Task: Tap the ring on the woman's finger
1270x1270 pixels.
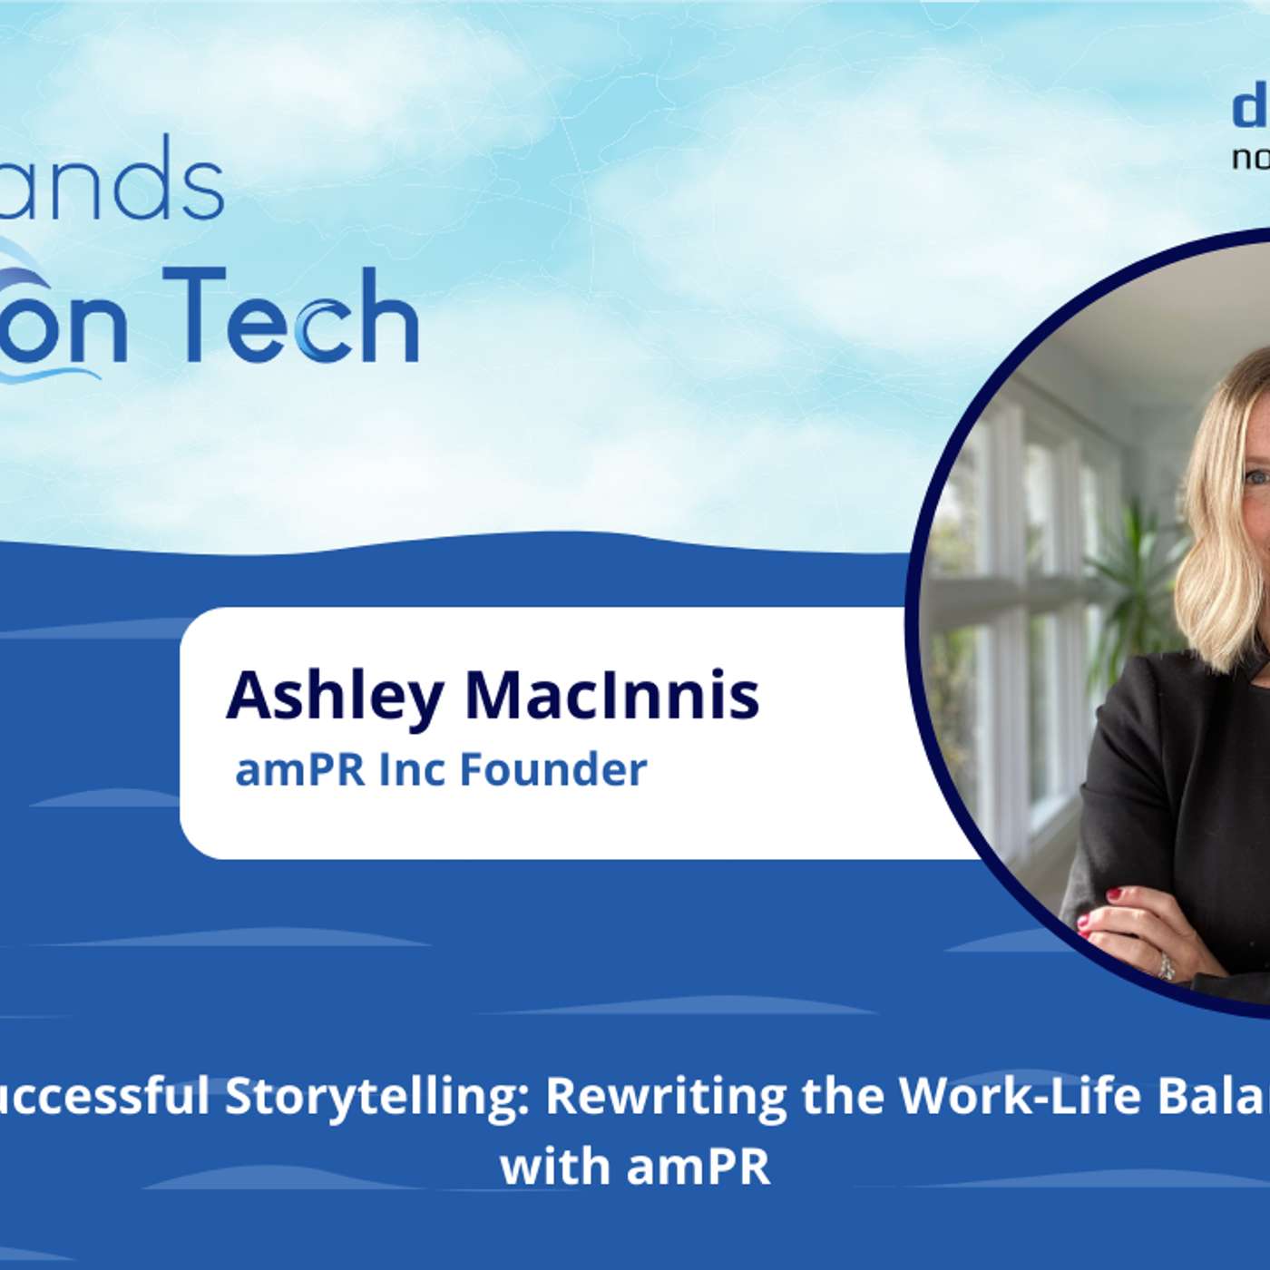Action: point(1166,965)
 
